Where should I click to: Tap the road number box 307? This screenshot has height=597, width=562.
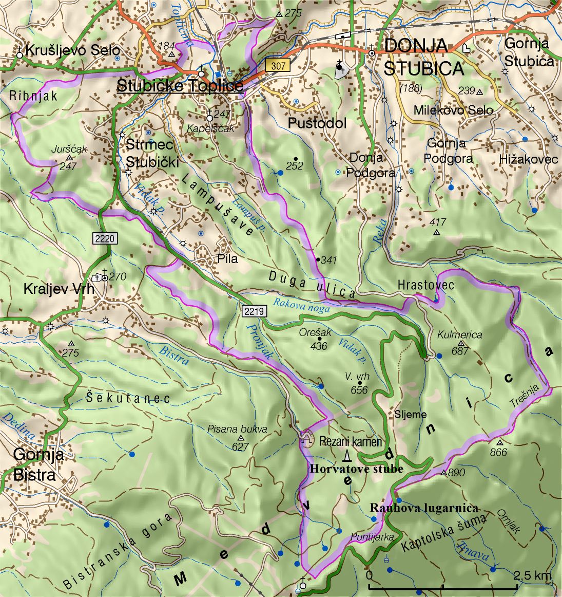[278, 66]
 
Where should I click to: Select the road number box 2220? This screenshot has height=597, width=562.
[106, 238]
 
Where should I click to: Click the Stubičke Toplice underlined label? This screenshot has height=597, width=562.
[180, 85]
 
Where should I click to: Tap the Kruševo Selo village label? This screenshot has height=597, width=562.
[72, 50]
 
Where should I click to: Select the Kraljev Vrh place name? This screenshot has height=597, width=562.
[59, 289]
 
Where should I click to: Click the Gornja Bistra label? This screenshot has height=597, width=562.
[38, 464]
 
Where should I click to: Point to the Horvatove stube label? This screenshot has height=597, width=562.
[356, 469]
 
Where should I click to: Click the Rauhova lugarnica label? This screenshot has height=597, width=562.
[424, 508]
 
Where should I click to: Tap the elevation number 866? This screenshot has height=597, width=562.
[498, 452]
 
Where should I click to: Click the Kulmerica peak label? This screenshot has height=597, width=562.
[460, 335]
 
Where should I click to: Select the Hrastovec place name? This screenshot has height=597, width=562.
[426, 285]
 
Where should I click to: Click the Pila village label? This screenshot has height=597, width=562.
[227, 259]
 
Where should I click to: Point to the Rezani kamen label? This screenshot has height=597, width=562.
[351, 441]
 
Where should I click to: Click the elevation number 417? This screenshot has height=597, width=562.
[437, 222]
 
